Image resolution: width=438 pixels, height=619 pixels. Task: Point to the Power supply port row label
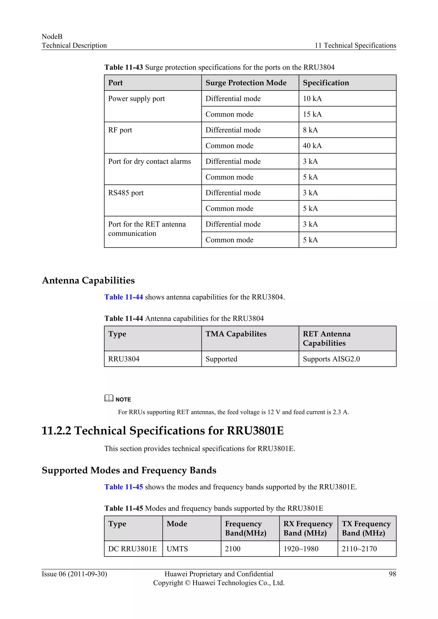[x=136, y=99]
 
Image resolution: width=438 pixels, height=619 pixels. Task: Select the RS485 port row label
[x=126, y=193]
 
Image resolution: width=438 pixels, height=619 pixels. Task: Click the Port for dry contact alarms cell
[x=149, y=162]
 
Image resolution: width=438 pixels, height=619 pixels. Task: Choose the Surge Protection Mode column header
[x=246, y=83]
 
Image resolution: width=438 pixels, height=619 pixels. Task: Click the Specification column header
[x=326, y=83]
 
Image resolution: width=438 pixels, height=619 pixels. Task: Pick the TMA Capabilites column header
[x=236, y=334]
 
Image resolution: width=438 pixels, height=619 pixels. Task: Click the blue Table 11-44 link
[x=124, y=297]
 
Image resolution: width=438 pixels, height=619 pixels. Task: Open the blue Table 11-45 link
[x=124, y=487]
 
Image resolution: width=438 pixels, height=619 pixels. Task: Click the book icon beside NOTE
[x=109, y=398]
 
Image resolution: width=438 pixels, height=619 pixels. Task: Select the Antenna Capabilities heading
[x=88, y=280]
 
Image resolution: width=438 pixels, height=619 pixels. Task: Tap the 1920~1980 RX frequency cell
[x=301, y=549]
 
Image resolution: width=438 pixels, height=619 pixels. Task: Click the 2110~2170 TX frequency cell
[x=359, y=549]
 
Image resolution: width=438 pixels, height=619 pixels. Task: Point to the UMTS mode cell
[x=177, y=549]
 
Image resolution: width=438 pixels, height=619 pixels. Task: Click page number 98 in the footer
[x=392, y=574]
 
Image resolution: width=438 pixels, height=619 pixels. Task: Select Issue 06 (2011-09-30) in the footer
[x=74, y=574]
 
